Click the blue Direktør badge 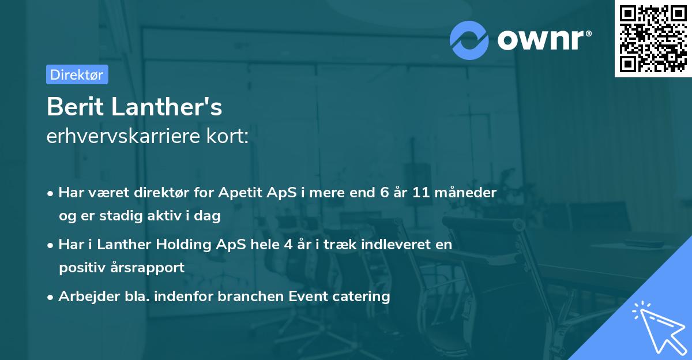(x=77, y=74)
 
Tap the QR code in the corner (x=653, y=39)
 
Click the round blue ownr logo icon (x=469, y=40)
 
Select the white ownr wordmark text (x=544, y=40)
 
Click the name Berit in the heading (x=75, y=107)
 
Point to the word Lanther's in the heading (x=167, y=107)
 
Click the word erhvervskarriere (x=123, y=136)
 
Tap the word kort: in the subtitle (x=227, y=136)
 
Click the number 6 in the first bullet (x=384, y=193)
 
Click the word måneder (x=465, y=193)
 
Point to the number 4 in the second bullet (x=288, y=245)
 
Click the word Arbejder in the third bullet (x=89, y=297)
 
